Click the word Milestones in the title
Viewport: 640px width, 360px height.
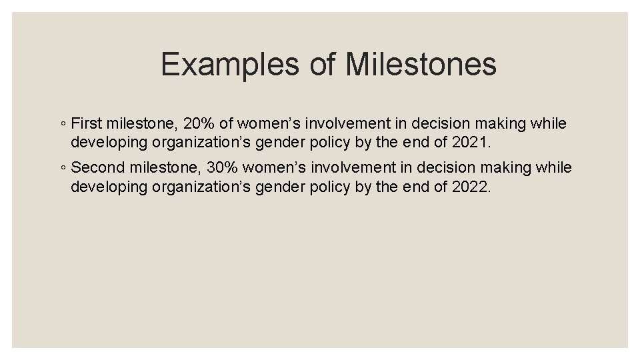pyautogui.click(x=421, y=65)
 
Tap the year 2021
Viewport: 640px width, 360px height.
pyautogui.click(x=471, y=143)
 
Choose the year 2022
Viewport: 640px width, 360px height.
pyautogui.click(x=471, y=187)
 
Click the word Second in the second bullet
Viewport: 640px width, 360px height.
pyautogui.click(x=96, y=167)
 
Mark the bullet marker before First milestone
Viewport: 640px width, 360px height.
pyautogui.click(x=62, y=125)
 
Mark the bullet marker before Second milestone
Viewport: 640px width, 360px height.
pyautogui.click(x=62, y=168)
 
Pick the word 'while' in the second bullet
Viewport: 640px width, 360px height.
pyautogui.click(x=553, y=167)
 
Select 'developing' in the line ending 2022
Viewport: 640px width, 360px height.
pyautogui.click(x=109, y=187)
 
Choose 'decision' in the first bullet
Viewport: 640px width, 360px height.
pyautogui.click(x=437, y=124)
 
